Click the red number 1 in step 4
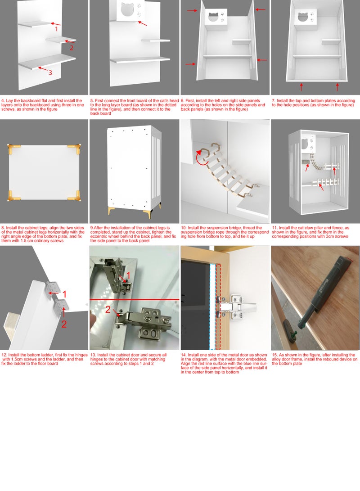[56, 29]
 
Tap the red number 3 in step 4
[50, 72]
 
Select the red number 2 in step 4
[72, 48]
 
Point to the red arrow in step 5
[142, 23]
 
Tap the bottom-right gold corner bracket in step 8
[75, 195]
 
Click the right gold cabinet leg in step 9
[159, 209]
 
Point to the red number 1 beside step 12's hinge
[64, 294]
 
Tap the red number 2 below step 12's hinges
[64, 324]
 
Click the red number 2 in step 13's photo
[108, 309]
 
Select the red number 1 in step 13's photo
[128, 275]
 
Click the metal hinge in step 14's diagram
[236, 307]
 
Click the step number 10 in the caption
[184, 228]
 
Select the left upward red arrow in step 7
[301, 87]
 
